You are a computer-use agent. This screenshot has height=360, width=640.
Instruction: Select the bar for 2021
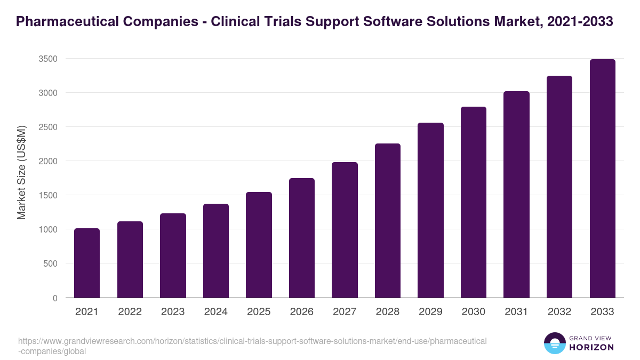coord(87,263)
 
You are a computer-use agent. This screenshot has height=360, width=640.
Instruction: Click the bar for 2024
coord(216,251)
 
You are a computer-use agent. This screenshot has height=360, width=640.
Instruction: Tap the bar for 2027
coord(345,230)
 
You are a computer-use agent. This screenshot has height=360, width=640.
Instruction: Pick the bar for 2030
coord(474,202)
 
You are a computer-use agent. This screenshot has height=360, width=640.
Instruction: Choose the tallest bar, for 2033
coord(602,179)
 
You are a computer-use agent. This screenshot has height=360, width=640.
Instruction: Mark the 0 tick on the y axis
coord(55,298)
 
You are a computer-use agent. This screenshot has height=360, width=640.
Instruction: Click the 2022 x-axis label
coord(130,312)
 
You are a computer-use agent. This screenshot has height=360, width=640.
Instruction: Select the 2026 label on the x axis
coord(302,312)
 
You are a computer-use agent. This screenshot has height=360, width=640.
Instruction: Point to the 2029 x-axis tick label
coord(430,312)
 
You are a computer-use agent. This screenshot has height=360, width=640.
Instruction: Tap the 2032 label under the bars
coord(559,312)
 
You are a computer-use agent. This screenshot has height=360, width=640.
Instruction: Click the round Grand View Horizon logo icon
coord(554,343)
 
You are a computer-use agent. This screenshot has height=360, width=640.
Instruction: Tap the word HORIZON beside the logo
coord(591,347)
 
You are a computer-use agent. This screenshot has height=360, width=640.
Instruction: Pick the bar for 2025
coord(259,245)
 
